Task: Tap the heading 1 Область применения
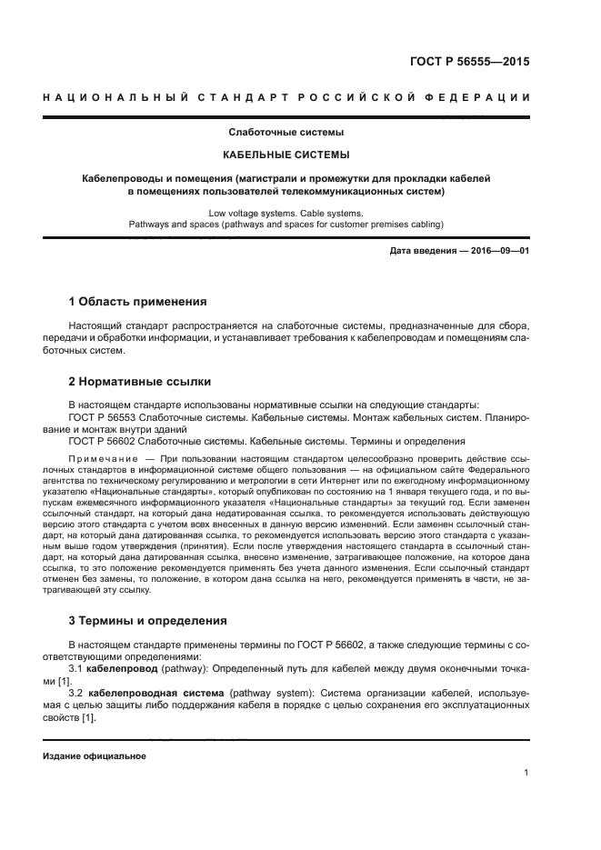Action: pos(138,301)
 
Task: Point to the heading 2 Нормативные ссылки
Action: pos(141,382)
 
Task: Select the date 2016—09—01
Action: pos(499,251)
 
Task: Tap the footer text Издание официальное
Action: pos(94,756)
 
